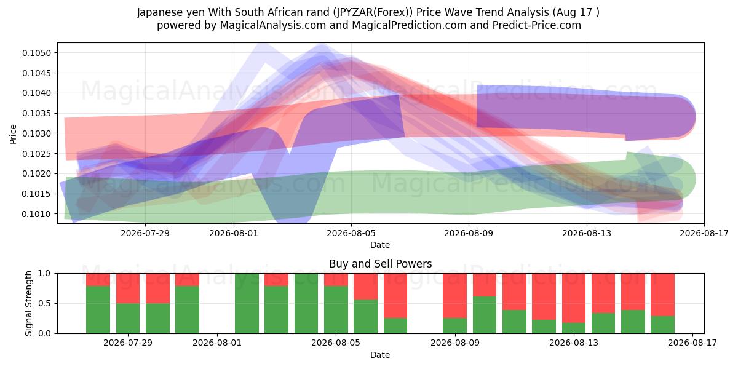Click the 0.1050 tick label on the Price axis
[36, 53]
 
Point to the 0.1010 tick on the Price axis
[36, 214]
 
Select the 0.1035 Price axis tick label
[36, 113]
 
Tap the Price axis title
[13, 134]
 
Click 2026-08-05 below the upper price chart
[351, 233]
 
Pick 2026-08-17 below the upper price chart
[704, 233]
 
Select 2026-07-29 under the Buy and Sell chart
[128, 343]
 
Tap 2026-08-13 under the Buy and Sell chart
[574, 343]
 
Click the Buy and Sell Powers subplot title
[380, 264]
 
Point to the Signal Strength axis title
[29, 303]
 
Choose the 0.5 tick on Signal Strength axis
[44, 303]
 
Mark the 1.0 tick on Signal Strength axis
[44, 274]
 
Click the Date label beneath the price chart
[380, 245]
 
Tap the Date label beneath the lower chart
[380, 355]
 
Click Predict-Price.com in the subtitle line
[537, 25]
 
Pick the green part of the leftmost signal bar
[98, 310]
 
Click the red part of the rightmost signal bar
[662, 295]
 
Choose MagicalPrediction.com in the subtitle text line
[409, 25]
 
